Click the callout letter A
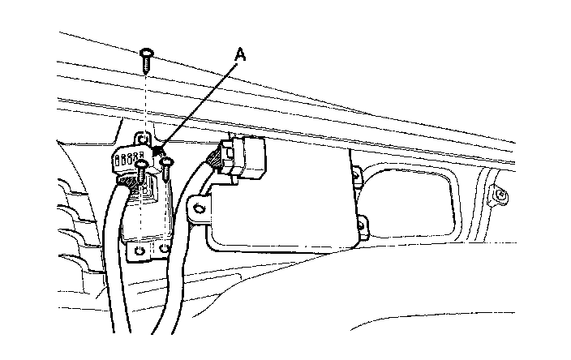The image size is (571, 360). click(239, 54)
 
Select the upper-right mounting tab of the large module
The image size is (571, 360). click(358, 172)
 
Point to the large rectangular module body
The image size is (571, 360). click(284, 203)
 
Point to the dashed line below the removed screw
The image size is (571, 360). click(144, 97)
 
